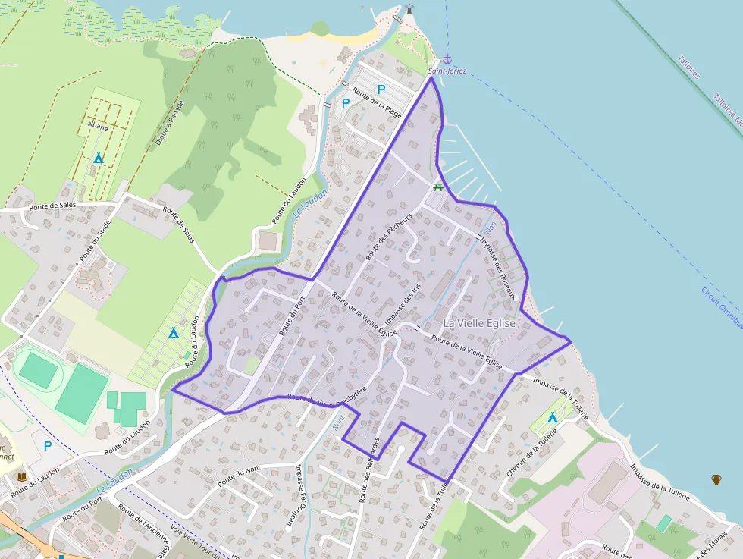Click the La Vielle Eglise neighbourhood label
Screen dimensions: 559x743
[479, 323]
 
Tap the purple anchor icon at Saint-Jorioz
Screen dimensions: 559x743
[447, 58]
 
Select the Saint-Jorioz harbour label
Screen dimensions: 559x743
[447, 71]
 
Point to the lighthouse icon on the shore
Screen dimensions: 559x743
[410, 9]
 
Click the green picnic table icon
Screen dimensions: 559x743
[437, 187]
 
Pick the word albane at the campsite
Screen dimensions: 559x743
[97, 127]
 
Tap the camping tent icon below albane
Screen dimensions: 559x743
[98, 158]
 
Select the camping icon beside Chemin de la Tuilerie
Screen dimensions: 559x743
[552, 418]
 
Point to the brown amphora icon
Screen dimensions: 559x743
[716, 479]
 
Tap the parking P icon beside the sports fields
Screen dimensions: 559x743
[48, 446]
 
